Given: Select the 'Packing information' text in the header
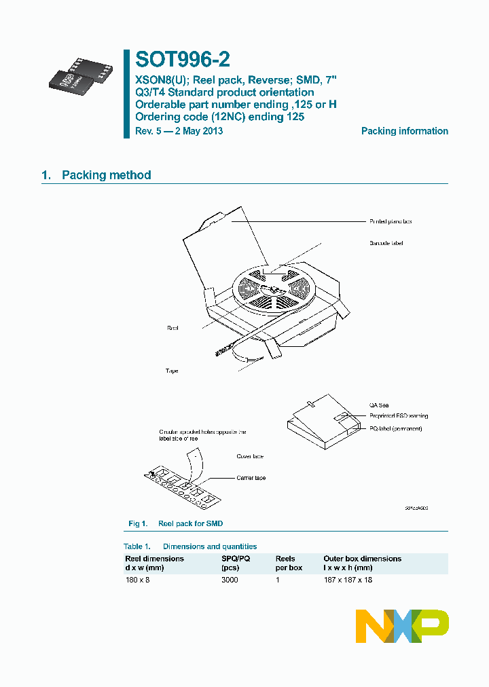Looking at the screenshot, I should click(404, 131).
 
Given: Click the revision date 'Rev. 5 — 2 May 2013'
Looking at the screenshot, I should click(179, 131).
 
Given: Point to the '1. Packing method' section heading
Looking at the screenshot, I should click(96, 175).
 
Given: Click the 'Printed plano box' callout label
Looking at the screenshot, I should click(391, 221).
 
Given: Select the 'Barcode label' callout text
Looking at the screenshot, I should click(386, 243).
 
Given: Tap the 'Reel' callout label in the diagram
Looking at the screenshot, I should click(173, 328).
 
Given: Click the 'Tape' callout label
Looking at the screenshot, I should click(172, 371).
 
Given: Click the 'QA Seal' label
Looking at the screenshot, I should click(379, 405).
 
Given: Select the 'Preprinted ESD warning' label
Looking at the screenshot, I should click(399, 416).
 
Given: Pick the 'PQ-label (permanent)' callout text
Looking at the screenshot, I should click(395, 429).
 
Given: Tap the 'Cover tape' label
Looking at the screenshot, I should click(249, 456).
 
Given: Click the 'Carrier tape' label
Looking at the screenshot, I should click(251, 478).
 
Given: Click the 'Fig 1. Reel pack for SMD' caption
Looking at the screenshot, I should click(176, 523).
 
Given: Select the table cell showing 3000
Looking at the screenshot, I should click(230, 580).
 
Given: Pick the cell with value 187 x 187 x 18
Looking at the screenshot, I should click(348, 580).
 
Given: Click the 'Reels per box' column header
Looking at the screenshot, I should click(289, 563).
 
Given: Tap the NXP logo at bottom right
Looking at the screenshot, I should click(402, 626).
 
